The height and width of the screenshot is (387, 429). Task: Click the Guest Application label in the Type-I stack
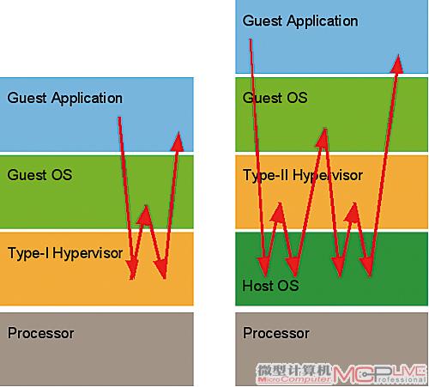click(65, 98)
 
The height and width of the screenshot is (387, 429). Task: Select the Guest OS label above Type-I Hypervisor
click(39, 175)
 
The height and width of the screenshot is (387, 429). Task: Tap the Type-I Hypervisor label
click(65, 253)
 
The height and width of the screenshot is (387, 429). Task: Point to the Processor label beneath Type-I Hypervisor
click(41, 333)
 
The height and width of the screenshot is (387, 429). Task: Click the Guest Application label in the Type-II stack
click(300, 21)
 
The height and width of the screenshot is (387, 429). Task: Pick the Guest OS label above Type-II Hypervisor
click(275, 98)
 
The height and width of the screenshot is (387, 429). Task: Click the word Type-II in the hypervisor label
click(265, 175)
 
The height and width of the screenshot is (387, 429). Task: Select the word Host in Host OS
click(257, 285)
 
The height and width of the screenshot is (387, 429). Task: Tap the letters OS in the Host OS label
click(288, 286)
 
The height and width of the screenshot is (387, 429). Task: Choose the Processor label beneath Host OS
click(276, 333)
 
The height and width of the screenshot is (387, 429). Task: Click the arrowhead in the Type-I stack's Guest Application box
click(178, 142)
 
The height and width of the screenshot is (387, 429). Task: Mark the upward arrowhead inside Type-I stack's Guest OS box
click(145, 215)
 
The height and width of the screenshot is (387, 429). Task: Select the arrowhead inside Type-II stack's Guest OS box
click(323, 138)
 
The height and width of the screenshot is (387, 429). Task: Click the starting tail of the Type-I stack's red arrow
click(119, 118)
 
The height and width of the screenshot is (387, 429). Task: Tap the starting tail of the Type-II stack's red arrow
click(251, 39)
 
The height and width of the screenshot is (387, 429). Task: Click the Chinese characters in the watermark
click(293, 370)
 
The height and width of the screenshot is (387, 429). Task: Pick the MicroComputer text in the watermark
click(293, 379)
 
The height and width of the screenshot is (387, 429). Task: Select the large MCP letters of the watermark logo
click(361, 374)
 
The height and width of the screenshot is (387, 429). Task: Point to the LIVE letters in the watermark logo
click(409, 370)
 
